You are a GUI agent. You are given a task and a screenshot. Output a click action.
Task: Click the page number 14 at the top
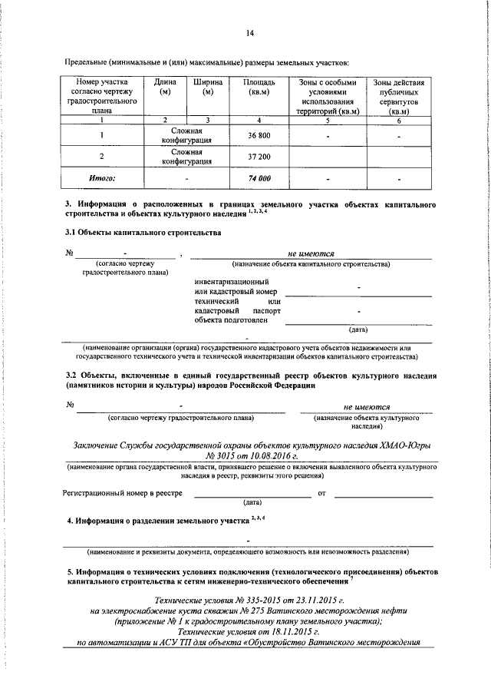click(x=250, y=32)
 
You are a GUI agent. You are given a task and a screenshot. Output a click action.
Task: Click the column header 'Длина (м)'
click(x=164, y=88)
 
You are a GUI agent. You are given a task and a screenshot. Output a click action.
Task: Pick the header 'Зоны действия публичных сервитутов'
click(x=398, y=96)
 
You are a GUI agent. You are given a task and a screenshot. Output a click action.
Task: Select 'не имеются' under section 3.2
click(x=367, y=406)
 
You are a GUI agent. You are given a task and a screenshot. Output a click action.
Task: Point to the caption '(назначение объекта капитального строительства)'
click(x=311, y=263)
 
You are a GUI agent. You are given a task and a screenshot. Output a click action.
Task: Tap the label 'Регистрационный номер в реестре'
click(x=123, y=492)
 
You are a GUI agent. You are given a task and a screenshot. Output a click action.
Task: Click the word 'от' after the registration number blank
click(x=321, y=493)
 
